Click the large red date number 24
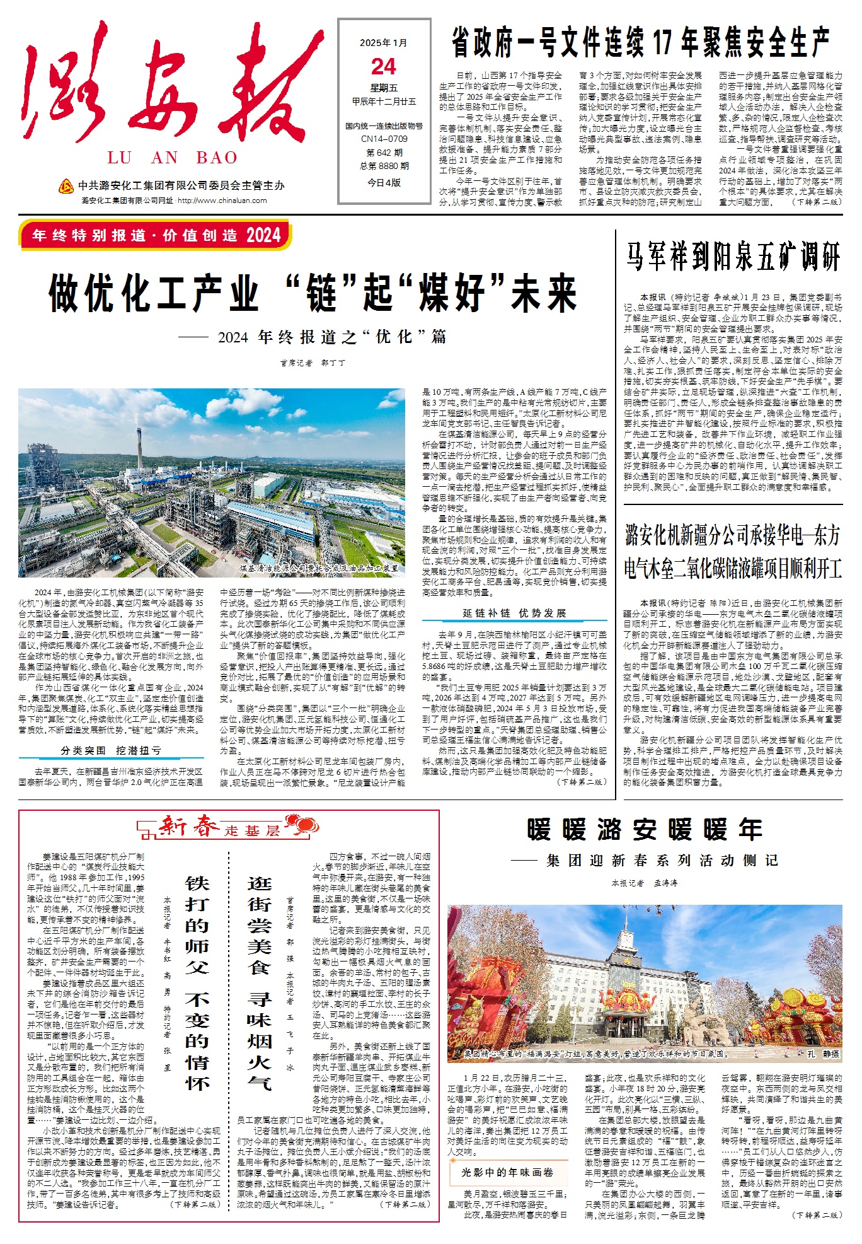384,67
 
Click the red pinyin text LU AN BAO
172,158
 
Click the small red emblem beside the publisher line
66,186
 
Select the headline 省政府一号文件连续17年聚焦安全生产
640,43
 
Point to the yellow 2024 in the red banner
263,236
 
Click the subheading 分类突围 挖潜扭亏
111,750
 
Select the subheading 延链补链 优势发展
514,613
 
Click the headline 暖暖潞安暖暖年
645,830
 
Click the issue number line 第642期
384,153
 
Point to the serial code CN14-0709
384,139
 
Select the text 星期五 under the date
384,88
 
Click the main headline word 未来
544,293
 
